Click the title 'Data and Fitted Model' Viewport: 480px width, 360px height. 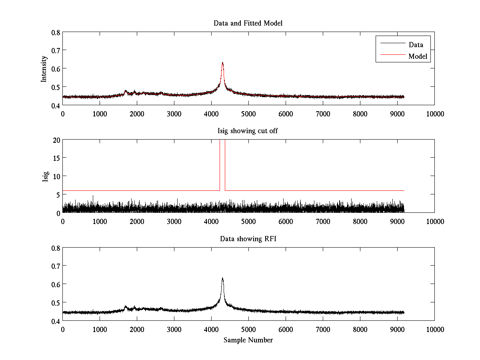[x=248, y=23]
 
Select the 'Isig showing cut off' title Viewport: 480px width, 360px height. [x=248, y=131]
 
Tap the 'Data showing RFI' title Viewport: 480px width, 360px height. [x=248, y=239]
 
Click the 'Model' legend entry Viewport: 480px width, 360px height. [x=418, y=56]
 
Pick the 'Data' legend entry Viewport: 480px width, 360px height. [x=416, y=44]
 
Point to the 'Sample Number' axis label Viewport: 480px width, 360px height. [x=248, y=340]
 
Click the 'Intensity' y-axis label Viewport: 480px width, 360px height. [x=44, y=69]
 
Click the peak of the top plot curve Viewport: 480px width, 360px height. [x=222, y=63]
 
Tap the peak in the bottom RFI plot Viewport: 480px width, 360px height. [x=222, y=278]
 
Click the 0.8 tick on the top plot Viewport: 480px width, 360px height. [x=56, y=32]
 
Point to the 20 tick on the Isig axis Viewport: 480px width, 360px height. [x=56, y=140]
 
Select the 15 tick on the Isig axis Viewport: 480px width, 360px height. [x=56, y=158]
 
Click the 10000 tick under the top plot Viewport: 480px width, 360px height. [x=434, y=114]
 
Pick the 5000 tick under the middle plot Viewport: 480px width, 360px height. [x=248, y=221]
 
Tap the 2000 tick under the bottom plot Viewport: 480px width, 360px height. [x=137, y=329]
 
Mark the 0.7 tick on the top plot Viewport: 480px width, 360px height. [x=56, y=50]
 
